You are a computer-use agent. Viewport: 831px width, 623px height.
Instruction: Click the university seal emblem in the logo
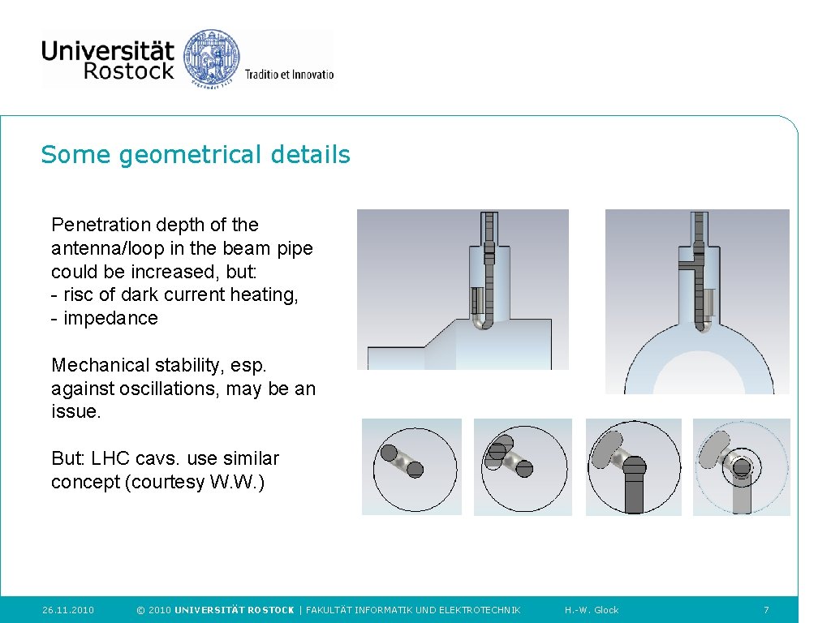[212, 58]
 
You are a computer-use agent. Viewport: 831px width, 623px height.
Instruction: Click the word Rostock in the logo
[128, 71]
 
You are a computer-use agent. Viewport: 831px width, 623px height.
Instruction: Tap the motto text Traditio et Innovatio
[289, 75]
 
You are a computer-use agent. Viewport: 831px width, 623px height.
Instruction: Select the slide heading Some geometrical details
[196, 154]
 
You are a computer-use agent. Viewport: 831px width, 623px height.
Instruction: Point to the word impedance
[110, 318]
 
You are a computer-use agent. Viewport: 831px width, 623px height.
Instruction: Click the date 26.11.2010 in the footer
[68, 610]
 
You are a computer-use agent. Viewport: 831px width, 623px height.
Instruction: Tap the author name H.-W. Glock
[592, 610]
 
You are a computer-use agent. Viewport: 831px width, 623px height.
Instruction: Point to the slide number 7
[766, 610]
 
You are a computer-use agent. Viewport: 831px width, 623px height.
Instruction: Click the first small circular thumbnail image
[411, 466]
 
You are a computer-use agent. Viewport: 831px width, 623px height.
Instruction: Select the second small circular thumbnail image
[523, 466]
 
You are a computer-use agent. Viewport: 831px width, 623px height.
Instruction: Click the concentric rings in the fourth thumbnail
[741, 467]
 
